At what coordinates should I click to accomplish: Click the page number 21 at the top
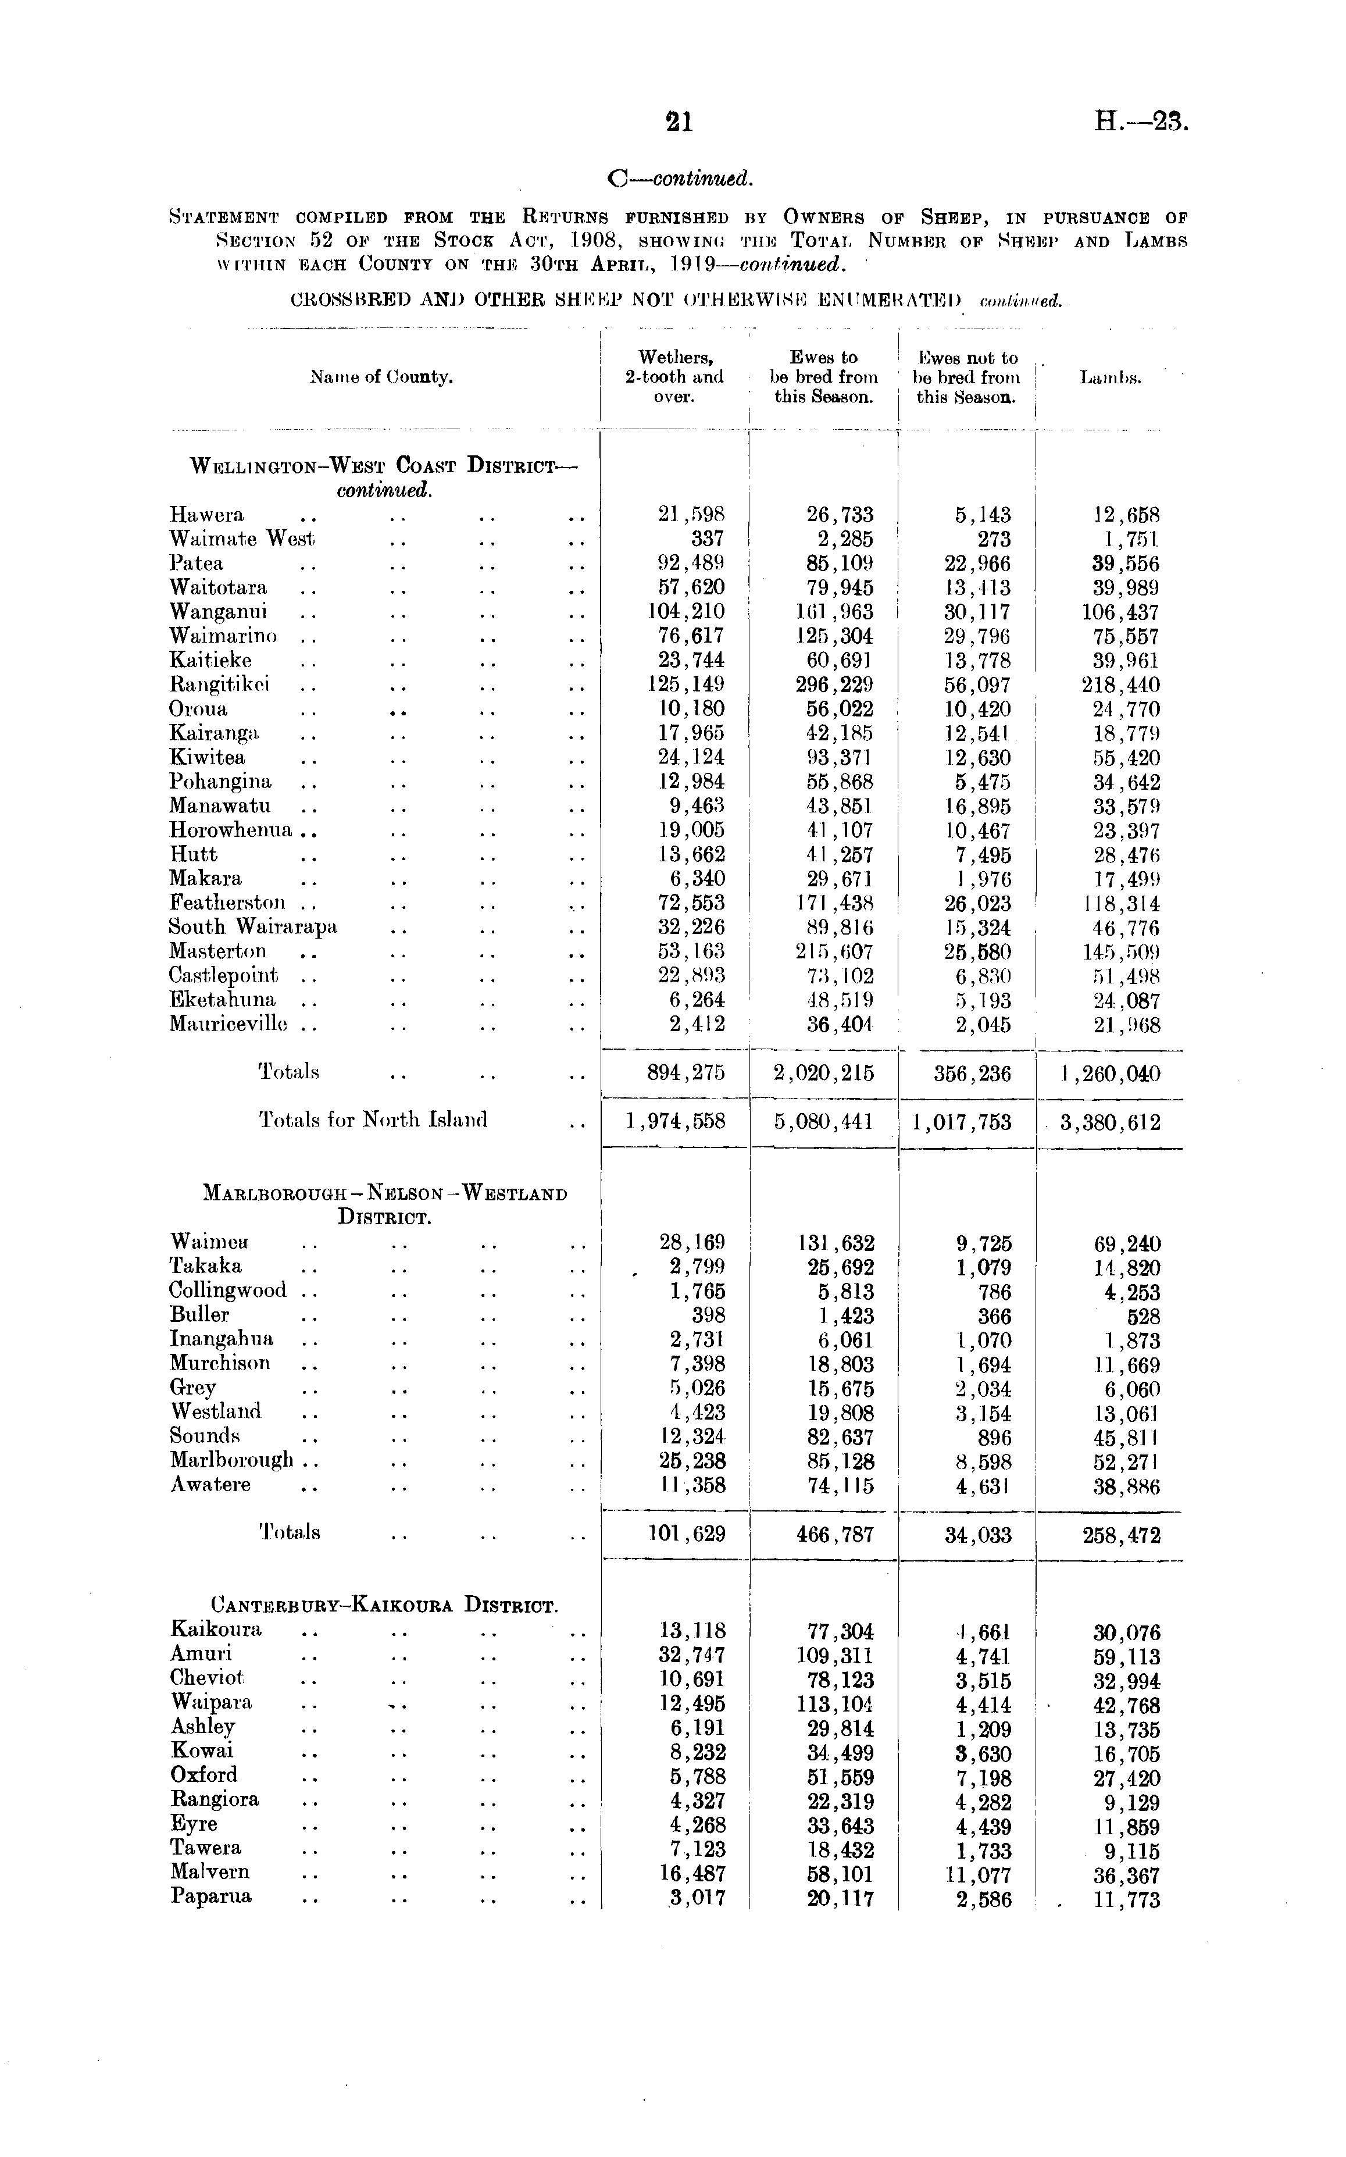pos(679,122)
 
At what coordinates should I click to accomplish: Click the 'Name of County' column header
pos(381,377)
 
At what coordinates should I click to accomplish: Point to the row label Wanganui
pos(218,612)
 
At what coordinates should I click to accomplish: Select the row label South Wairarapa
pos(254,927)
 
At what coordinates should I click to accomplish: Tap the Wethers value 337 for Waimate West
pos(707,540)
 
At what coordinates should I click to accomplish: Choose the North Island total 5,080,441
pos(823,1122)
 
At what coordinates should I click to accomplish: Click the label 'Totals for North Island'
pos(373,1120)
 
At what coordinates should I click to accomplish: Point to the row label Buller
pos(199,1315)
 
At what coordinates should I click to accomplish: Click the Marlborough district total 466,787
pos(833,1536)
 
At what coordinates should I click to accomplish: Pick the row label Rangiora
pos(215,1799)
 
